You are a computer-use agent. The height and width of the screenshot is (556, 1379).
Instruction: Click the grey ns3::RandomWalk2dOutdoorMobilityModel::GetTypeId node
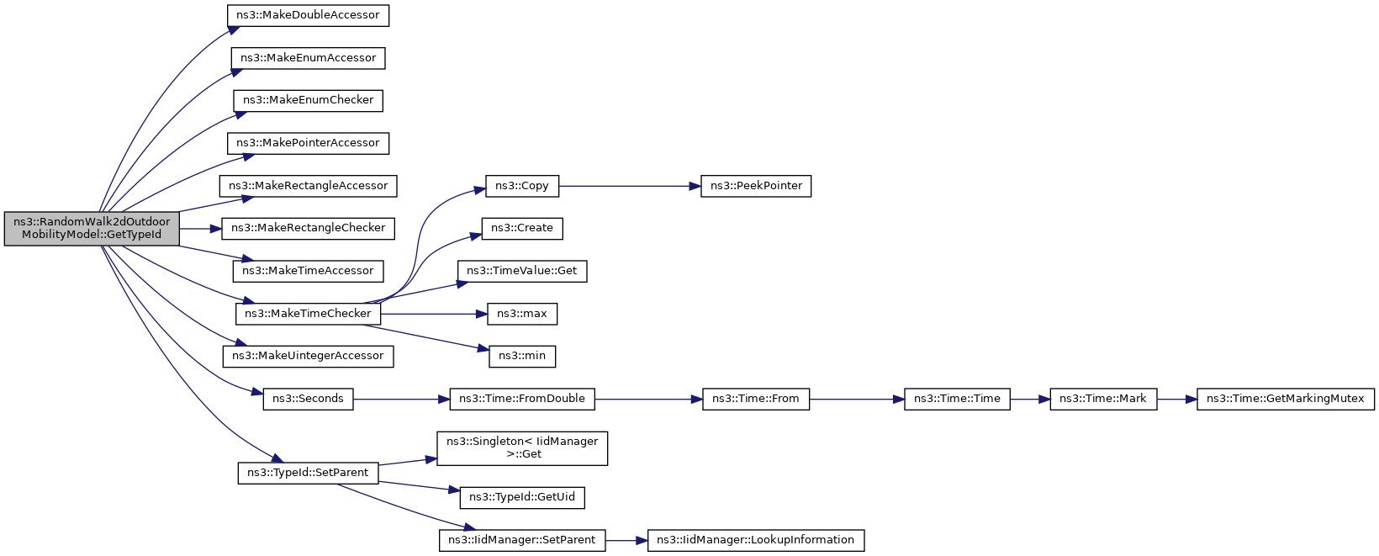click(x=92, y=229)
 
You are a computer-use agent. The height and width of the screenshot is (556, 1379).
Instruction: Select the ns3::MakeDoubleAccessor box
click(x=308, y=15)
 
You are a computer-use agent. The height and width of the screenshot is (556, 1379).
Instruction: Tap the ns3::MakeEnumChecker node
click(x=308, y=100)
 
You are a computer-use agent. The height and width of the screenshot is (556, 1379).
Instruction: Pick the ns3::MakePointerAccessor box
click(x=308, y=143)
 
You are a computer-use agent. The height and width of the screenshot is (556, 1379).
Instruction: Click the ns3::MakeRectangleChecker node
click(x=308, y=229)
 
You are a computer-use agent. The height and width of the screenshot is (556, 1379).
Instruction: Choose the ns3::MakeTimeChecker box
click(x=308, y=314)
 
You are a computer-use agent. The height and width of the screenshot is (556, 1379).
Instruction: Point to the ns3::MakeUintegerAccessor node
click(x=308, y=357)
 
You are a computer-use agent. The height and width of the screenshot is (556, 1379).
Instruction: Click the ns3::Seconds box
click(x=308, y=399)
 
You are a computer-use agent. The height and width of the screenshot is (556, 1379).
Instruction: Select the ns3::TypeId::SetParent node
click(x=308, y=473)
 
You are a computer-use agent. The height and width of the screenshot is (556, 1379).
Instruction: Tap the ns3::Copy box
click(x=522, y=186)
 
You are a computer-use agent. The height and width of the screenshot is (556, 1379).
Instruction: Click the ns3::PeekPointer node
click(x=756, y=186)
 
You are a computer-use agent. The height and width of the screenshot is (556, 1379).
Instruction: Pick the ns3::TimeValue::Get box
click(x=522, y=272)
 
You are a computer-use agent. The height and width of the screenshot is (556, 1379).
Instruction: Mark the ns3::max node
click(x=522, y=314)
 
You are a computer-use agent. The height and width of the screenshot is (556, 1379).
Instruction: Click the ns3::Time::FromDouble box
click(x=522, y=399)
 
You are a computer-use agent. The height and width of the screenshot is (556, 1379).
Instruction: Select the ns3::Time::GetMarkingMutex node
click(x=1286, y=399)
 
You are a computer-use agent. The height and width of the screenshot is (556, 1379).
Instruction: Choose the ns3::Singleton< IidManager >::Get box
click(x=522, y=448)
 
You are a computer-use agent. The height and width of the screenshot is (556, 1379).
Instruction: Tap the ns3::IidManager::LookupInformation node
click(x=756, y=541)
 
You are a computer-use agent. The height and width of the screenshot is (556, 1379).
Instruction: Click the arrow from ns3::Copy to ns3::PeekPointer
click(x=630, y=186)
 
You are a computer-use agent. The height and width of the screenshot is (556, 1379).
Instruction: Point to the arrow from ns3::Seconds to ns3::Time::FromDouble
click(x=401, y=399)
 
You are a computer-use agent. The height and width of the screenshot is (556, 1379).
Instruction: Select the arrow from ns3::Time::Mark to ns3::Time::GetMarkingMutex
click(x=1176, y=399)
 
